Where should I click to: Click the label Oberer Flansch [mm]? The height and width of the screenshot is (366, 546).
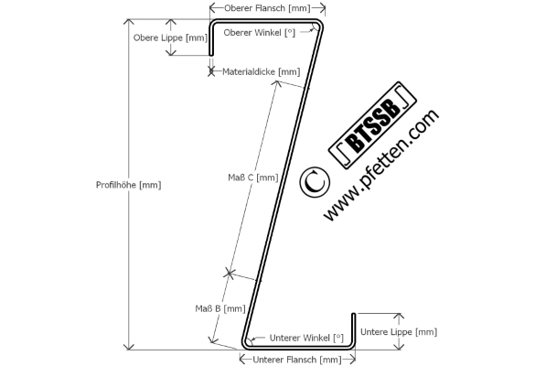[267, 8]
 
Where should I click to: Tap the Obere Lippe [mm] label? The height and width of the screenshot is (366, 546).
[170, 38]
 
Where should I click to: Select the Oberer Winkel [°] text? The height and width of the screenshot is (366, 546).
[260, 33]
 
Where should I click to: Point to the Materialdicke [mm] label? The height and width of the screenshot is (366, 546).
[262, 71]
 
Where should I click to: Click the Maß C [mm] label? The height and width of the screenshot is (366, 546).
[253, 178]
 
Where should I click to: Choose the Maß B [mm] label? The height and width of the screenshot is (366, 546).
[220, 308]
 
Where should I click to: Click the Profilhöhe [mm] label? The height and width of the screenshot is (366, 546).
[128, 185]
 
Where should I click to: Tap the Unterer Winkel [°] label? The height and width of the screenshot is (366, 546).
[306, 338]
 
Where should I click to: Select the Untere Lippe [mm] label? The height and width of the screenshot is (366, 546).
[399, 332]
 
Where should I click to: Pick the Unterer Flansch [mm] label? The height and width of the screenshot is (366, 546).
[297, 360]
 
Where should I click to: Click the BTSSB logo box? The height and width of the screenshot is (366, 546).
[372, 125]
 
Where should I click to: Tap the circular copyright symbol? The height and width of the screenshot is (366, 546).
[315, 182]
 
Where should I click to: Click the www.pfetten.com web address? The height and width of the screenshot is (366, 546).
[381, 165]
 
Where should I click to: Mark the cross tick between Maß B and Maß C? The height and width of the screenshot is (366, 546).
[230, 273]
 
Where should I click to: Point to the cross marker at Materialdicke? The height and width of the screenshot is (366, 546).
[211, 71]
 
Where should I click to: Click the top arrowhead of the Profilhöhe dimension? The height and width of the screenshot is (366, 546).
[129, 22]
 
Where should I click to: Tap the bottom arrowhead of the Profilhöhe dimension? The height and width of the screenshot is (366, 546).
[129, 347]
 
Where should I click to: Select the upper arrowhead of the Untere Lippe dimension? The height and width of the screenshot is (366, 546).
[399, 317]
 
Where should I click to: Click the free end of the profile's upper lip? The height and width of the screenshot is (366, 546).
[211, 54]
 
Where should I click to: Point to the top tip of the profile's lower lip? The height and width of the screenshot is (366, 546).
[353, 315]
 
